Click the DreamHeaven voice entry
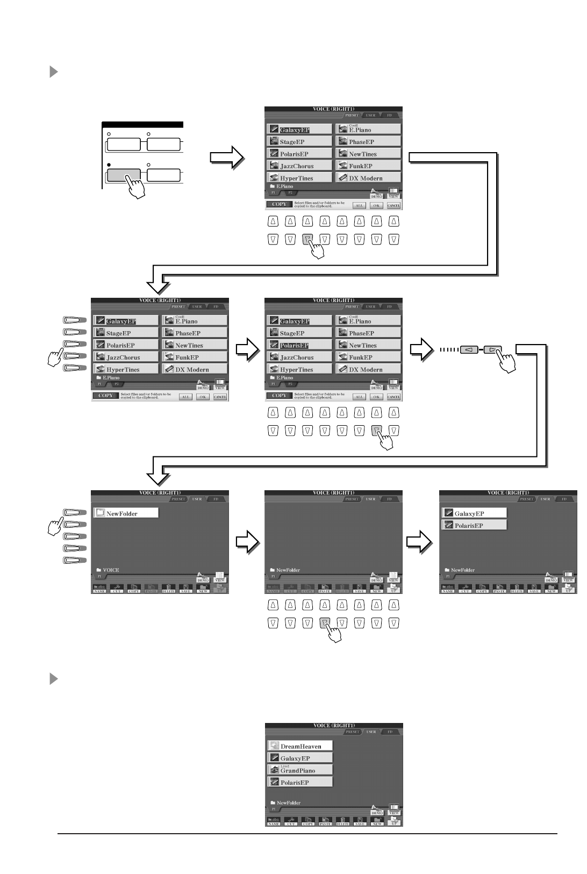[300, 746]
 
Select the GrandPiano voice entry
[300, 770]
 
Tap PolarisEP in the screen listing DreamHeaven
[300, 783]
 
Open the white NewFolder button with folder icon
[126, 513]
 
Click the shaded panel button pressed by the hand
[123, 175]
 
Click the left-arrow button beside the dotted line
[468, 350]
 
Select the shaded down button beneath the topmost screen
[307, 239]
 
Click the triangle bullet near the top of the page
[53, 71]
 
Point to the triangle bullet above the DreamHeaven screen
[53, 679]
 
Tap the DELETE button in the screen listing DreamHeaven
[342, 822]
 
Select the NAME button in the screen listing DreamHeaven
[274, 822]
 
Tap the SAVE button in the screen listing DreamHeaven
[360, 822]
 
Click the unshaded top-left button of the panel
[123, 145]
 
